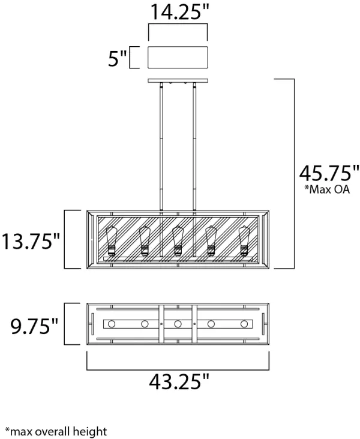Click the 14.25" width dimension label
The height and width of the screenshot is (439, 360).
click(177, 11)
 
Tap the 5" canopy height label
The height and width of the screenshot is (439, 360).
click(117, 59)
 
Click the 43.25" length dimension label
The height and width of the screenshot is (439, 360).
click(178, 380)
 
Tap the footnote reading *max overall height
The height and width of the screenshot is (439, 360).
click(56, 431)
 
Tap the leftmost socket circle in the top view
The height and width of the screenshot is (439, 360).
click(111, 324)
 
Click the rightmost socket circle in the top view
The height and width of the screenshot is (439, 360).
click(244, 324)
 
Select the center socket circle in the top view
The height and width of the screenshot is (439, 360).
click(177, 324)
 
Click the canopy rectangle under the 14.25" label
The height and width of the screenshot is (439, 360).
click(177, 58)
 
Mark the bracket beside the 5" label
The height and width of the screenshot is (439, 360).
click(135, 58)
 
